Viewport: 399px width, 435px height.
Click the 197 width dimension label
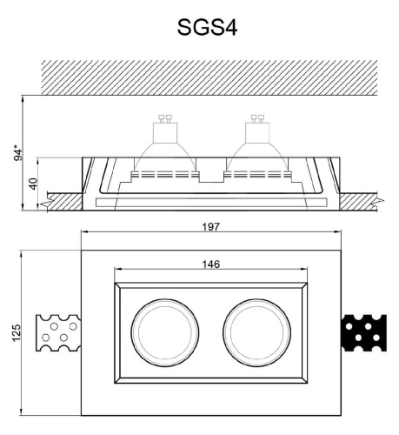[209, 227]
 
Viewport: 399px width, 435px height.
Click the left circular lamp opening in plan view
[162, 332]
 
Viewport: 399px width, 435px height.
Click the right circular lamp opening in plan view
[255, 332]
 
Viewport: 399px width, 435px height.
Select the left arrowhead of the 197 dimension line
[83, 234]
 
